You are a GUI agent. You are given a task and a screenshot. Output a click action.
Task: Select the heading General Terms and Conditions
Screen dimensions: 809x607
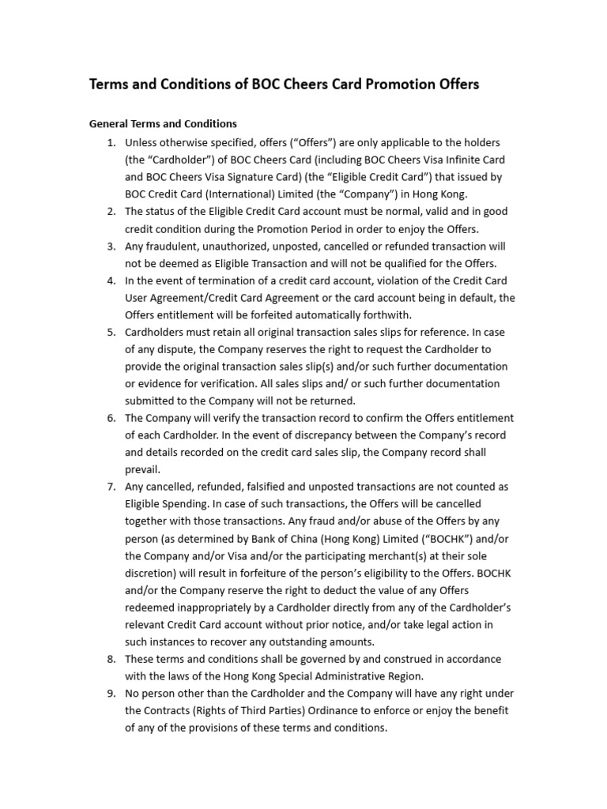point(163,124)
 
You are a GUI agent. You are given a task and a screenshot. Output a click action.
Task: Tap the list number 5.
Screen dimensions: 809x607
point(111,332)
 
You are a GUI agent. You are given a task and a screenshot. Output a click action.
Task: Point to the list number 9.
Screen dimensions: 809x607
point(111,694)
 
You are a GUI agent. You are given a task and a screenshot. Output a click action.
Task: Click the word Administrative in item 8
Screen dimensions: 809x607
point(358,676)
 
